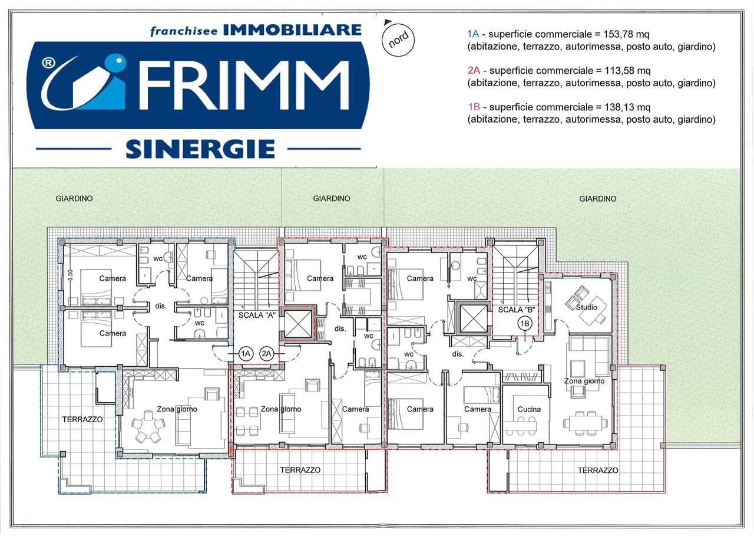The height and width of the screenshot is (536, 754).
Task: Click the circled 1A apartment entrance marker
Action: tap(246, 354)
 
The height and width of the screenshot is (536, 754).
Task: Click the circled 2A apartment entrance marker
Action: tap(266, 354)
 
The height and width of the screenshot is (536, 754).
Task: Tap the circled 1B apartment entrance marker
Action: tap(525, 324)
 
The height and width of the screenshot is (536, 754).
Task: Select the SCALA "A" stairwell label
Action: tap(257, 315)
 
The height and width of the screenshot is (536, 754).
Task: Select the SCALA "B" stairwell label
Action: tap(517, 310)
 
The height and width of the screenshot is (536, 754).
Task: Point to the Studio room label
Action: tap(586, 307)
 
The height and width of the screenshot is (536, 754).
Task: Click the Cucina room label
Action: tap(529, 409)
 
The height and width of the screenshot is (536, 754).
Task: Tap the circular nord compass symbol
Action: tap(398, 40)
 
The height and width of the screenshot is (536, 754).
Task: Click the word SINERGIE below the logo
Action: tap(200, 149)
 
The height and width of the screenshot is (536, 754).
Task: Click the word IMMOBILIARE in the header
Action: tap(292, 30)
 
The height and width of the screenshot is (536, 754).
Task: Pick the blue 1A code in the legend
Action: tap(473, 34)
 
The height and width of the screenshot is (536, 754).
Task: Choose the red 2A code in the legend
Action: tap(474, 70)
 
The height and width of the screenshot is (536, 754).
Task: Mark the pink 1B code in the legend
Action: tap(474, 107)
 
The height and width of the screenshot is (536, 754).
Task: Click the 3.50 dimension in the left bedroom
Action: tap(70, 275)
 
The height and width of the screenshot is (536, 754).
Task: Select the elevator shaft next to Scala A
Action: tap(298, 324)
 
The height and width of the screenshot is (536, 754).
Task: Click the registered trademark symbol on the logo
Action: tap(48, 63)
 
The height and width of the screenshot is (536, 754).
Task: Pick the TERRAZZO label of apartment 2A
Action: tap(300, 470)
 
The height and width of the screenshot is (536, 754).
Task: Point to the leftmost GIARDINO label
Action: tap(74, 199)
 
